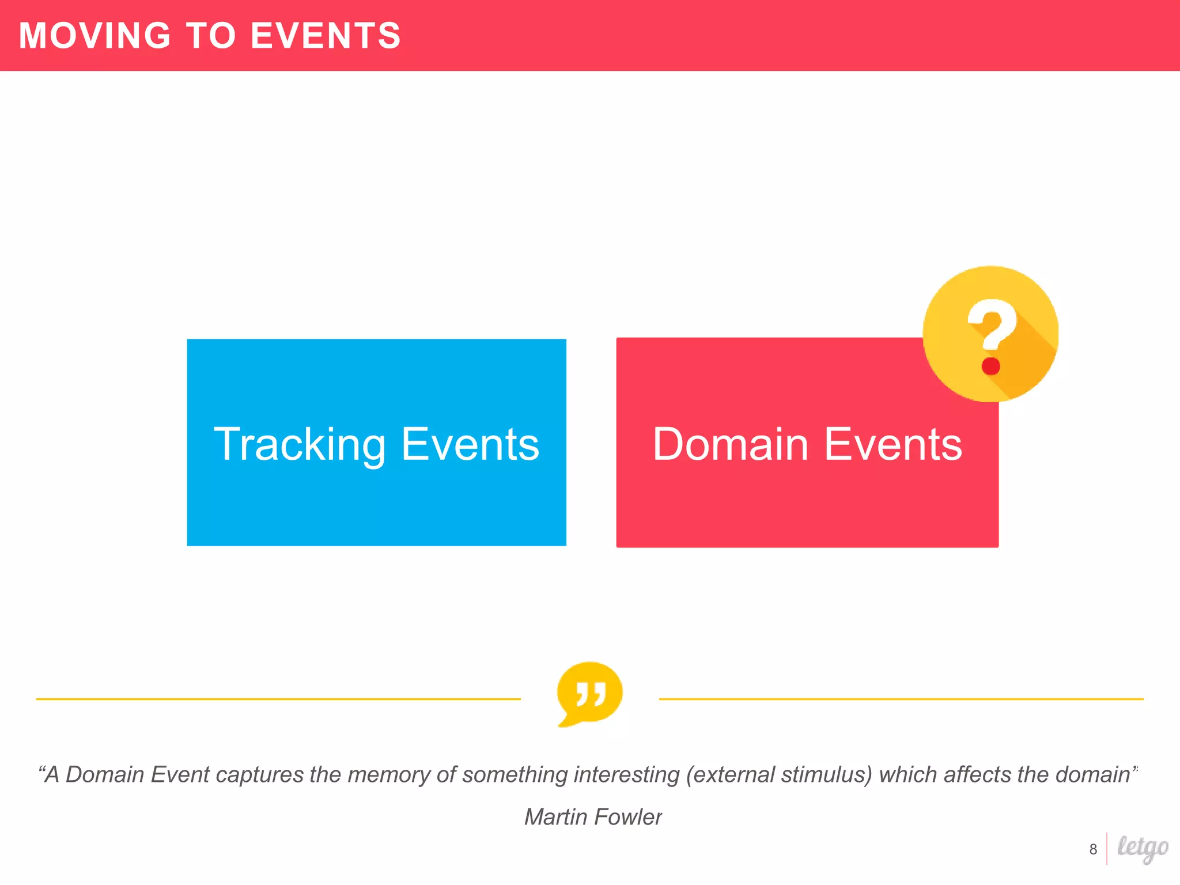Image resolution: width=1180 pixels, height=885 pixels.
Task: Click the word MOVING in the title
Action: [95, 36]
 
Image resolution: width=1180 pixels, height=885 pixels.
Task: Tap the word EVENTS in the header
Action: [326, 36]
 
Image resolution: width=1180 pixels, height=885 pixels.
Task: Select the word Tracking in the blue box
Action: [300, 445]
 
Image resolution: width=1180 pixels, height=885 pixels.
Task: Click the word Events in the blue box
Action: [470, 445]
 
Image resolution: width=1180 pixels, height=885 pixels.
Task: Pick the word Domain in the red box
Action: [731, 445]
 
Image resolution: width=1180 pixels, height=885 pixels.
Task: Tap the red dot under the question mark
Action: [991, 366]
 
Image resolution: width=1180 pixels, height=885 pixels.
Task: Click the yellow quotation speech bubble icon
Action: [589, 693]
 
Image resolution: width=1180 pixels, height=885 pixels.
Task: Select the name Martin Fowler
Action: [593, 817]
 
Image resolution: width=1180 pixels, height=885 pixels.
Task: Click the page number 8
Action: [1093, 849]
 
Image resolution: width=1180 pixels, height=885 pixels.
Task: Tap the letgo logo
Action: [1143, 848]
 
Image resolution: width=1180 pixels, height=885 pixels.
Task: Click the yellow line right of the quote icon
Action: [901, 699]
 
